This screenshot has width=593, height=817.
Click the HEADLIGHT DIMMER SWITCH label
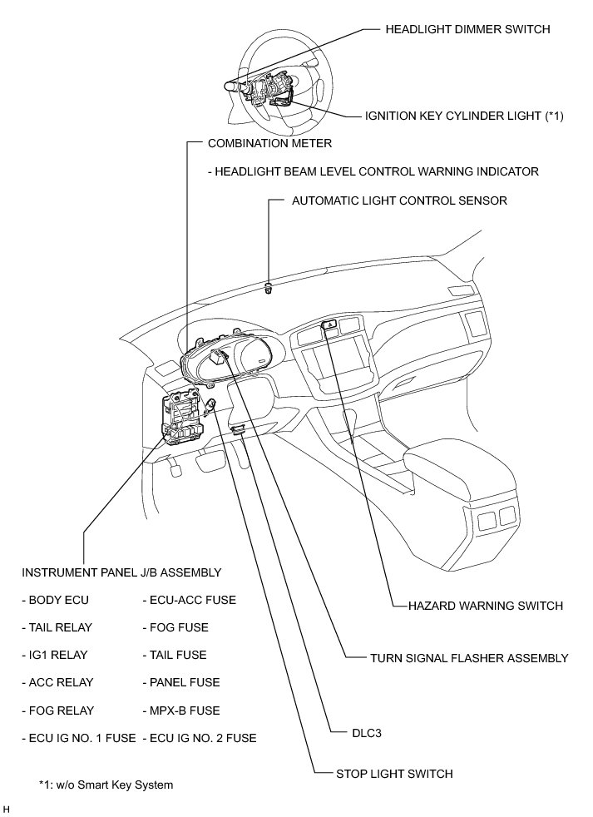[x=467, y=29]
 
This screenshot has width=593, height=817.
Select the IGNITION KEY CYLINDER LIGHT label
[x=464, y=116]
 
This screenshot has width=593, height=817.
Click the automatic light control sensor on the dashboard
[x=269, y=289]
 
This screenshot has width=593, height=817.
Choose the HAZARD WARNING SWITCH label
[x=486, y=606]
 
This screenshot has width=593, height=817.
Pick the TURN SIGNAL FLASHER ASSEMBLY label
[x=469, y=657]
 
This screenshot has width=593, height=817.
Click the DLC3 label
[x=368, y=734]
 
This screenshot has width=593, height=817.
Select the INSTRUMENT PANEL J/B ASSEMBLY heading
[x=121, y=572]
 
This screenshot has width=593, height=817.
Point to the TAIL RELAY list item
[x=57, y=627]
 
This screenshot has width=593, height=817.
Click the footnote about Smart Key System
[x=106, y=785]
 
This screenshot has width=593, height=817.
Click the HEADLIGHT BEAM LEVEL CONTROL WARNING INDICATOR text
[x=373, y=171]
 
